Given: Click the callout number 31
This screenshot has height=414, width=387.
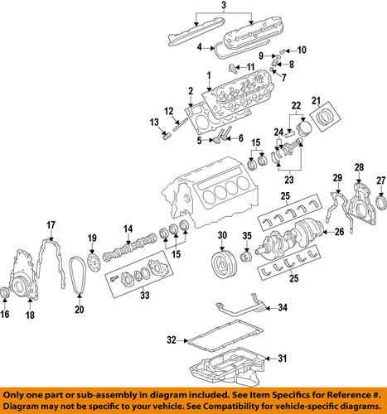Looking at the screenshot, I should click(x=283, y=359).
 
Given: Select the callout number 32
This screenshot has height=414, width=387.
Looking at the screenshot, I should click(x=171, y=339).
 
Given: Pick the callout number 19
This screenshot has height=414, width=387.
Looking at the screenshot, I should click(x=93, y=238).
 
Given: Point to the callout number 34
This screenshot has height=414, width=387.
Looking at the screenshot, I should click(x=283, y=309).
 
